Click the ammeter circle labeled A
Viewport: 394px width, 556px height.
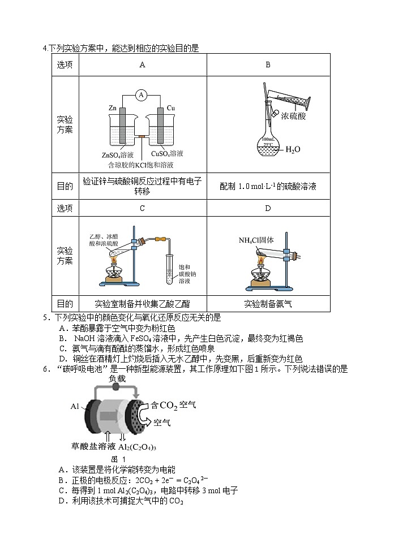click(142, 94)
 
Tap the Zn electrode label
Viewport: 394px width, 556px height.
click(113, 107)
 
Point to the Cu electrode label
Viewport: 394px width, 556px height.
click(170, 107)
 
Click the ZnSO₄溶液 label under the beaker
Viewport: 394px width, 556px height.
click(118, 154)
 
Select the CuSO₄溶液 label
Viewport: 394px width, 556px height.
click(167, 154)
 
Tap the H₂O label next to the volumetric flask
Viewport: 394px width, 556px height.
click(293, 149)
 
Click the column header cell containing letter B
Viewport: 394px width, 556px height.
click(268, 64)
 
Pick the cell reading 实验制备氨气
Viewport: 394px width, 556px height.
click(268, 303)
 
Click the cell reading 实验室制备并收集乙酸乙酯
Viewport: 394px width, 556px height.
click(142, 303)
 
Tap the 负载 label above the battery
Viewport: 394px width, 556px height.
click(117, 378)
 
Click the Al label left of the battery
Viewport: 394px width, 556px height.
click(75, 406)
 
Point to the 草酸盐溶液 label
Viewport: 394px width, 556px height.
click(90, 446)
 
